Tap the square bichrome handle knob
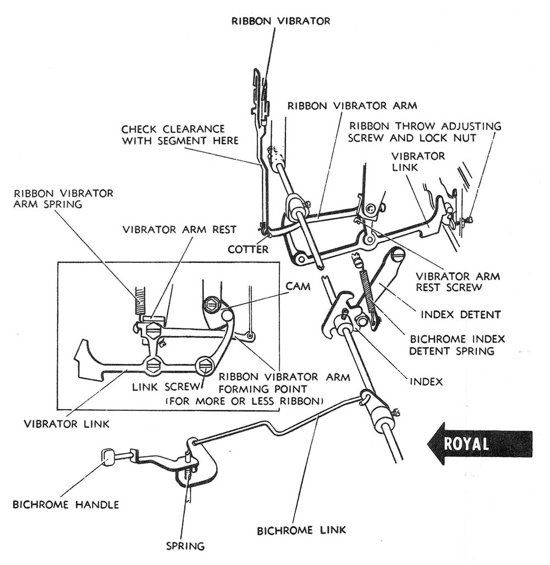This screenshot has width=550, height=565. [x=108, y=456]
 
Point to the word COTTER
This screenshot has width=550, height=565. [x=248, y=249]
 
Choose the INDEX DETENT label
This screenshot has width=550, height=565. [x=460, y=314]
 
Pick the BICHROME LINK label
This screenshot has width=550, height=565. [x=301, y=530]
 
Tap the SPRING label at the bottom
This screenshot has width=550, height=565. [x=185, y=546]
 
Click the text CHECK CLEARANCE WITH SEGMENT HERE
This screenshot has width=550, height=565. [x=180, y=135]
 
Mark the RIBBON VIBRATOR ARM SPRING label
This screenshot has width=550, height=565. [x=64, y=198]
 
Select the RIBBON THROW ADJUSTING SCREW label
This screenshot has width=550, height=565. [x=425, y=132]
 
